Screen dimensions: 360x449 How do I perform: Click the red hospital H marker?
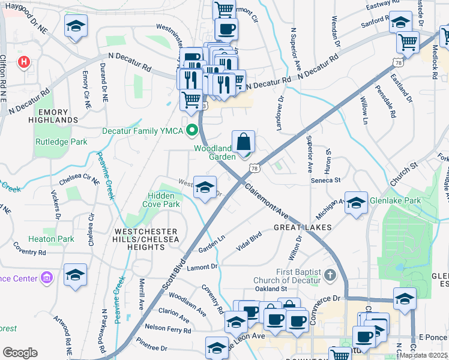click(x=24, y=62)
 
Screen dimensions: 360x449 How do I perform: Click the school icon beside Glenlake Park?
click(x=356, y=203)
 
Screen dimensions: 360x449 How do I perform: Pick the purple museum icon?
click(x=47, y=278)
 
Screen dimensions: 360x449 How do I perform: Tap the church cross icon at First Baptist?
click(x=329, y=275)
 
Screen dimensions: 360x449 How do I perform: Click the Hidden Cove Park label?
click(x=161, y=200)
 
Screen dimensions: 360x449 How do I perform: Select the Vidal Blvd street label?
click(x=249, y=240)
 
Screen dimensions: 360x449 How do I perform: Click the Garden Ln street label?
click(x=211, y=247)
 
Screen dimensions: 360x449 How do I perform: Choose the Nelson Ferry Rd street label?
click(x=167, y=329)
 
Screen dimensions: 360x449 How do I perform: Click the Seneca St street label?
click(x=325, y=179)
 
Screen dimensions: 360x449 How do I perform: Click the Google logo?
click(x=20, y=353)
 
